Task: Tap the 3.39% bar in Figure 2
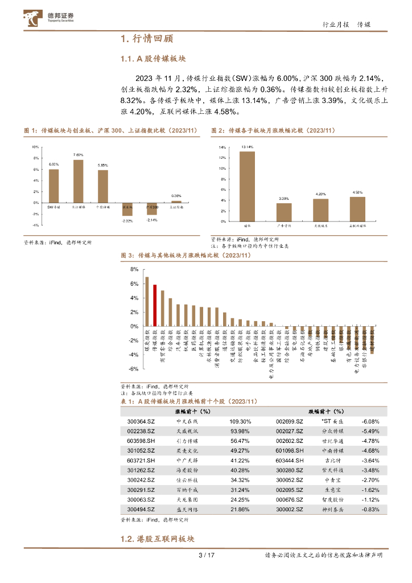[285, 212]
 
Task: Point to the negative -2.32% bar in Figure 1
[127, 209]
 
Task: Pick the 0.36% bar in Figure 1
[176, 202]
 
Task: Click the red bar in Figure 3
[155, 305]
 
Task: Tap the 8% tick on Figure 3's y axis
[134, 269]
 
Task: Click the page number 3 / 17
[205, 556]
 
